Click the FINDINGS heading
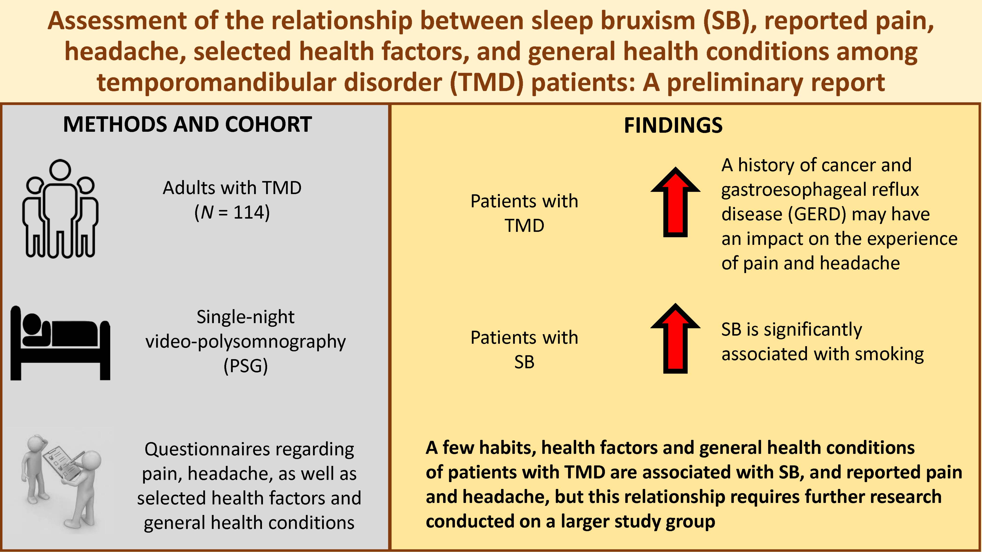tap(673, 125)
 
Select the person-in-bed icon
tap(60, 343)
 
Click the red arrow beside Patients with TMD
tap(675, 202)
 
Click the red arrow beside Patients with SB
tap(675, 338)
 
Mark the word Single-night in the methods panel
tap(245, 316)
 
